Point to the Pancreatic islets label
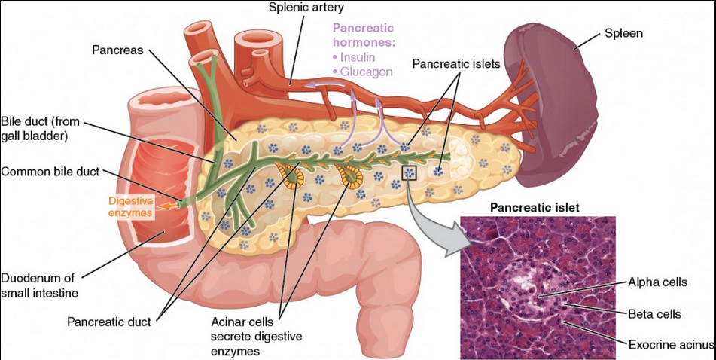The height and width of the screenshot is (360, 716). [456, 66]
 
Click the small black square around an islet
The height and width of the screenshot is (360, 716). [410, 173]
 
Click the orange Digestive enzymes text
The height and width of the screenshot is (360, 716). [131, 207]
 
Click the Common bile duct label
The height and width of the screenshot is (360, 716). [50, 171]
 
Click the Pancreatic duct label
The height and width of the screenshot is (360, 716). [109, 322]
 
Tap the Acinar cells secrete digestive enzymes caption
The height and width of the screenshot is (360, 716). [246, 335]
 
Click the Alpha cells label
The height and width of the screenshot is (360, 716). [657, 283]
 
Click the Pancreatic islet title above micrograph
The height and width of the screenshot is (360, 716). [535, 207]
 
